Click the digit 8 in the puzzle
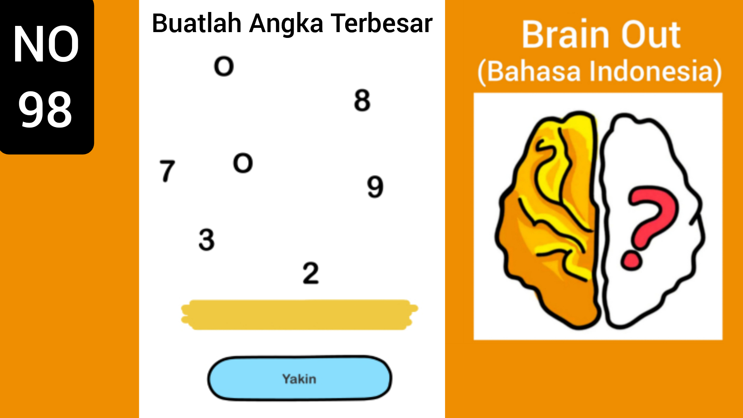click(x=362, y=101)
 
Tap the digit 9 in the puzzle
click(x=375, y=187)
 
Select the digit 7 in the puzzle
click(x=167, y=171)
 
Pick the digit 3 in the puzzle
click(x=206, y=240)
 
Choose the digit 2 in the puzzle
click(x=311, y=273)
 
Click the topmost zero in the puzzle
click(x=224, y=66)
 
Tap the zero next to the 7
click(x=243, y=163)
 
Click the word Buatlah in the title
click(x=197, y=24)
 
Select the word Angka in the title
click(x=286, y=24)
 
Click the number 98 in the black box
click(x=45, y=110)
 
